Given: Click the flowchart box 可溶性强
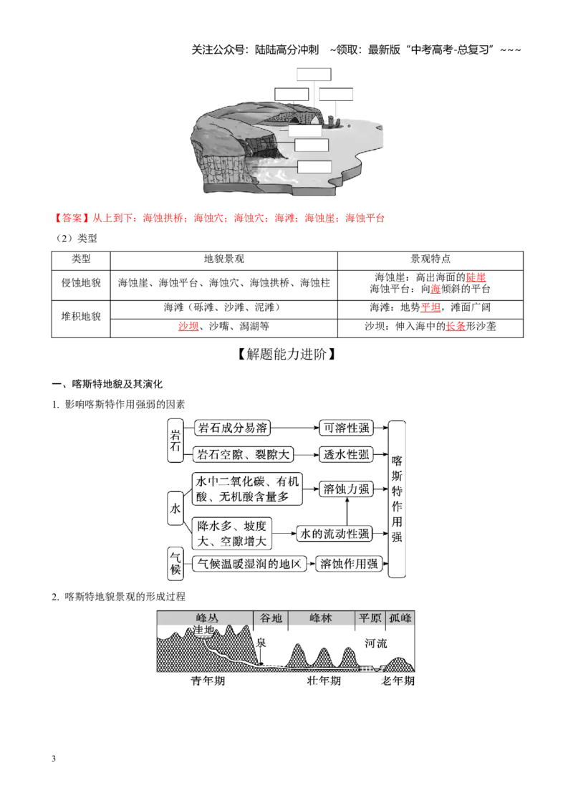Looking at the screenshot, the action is click(x=346, y=428).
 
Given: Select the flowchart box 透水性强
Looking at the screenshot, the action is click(x=346, y=455).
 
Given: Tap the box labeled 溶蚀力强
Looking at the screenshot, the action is click(x=346, y=489).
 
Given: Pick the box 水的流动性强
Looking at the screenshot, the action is click(x=334, y=534).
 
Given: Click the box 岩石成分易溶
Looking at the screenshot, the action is click(x=232, y=428).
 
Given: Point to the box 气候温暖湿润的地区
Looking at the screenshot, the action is click(x=249, y=564).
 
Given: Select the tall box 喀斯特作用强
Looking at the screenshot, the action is click(x=397, y=499).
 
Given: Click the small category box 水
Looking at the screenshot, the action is click(x=175, y=509).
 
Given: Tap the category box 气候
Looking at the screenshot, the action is click(x=175, y=562).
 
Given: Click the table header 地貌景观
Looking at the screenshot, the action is click(x=224, y=259).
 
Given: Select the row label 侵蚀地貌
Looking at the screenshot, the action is click(x=81, y=283).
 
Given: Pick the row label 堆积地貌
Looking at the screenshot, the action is click(x=81, y=316).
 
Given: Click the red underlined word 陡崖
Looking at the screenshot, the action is click(x=476, y=277).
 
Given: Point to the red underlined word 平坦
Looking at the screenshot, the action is click(x=430, y=307).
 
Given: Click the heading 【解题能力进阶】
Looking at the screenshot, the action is click(x=286, y=355).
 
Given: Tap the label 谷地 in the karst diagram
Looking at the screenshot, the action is click(x=271, y=618).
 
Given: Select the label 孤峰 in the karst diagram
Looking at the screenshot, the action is click(x=400, y=618).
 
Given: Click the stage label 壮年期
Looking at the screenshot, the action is click(x=324, y=681).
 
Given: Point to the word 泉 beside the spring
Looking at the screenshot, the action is click(x=261, y=643).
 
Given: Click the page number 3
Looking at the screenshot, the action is click(x=54, y=759).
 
